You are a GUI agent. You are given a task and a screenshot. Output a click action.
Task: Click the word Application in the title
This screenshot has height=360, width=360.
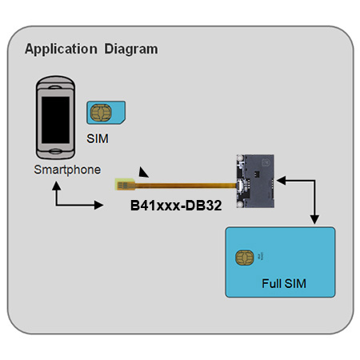[61, 50]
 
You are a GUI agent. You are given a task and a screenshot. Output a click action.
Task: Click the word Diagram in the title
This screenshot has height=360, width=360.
[131, 49]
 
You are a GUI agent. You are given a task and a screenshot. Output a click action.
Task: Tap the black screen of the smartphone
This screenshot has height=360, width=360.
[55, 120]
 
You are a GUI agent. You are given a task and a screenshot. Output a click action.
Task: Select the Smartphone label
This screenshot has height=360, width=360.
[67, 170]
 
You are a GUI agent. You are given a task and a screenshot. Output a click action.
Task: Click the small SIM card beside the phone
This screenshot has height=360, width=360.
[106, 113]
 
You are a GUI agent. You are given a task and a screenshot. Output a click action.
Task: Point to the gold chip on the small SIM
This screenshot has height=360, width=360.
[101, 113]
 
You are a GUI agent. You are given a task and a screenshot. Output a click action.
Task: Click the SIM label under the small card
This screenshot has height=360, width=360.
[98, 138]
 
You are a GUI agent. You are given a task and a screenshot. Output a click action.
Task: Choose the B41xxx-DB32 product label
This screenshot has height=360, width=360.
[176, 206]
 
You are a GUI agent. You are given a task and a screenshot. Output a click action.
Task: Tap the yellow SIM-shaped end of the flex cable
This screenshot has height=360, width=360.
[125, 184]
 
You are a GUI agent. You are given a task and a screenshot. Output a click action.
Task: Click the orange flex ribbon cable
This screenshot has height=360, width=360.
[186, 186]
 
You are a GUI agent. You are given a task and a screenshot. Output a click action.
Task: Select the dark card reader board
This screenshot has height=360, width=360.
[255, 181]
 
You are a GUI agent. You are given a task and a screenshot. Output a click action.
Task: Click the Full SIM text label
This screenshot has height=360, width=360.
[284, 284]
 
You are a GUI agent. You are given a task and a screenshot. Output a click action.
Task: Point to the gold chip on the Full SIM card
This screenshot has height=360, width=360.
[245, 258]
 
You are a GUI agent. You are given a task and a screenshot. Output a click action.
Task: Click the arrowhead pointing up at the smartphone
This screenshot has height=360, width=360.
[56, 186]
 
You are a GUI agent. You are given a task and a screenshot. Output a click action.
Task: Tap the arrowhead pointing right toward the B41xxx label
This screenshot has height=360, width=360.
[98, 205]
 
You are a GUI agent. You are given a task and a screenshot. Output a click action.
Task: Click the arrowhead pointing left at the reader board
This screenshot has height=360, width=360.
[281, 181]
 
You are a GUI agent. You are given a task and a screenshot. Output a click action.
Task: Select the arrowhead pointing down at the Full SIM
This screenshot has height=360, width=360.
[314, 219]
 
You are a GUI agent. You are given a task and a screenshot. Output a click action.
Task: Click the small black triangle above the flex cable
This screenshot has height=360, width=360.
[143, 173]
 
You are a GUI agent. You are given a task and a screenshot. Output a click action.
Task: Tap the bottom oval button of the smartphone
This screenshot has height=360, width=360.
[55, 151]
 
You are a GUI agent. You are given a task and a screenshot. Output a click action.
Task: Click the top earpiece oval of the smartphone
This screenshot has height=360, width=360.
[55, 87]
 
